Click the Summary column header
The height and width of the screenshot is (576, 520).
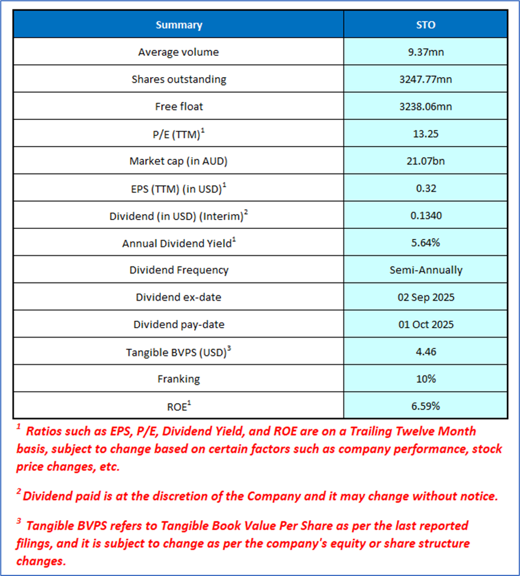[x=179, y=25]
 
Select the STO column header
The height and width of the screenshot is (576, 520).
[x=425, y=25]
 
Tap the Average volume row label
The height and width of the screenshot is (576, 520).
[x=178, y=52]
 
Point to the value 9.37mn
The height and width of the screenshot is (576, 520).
[x=425, y=52]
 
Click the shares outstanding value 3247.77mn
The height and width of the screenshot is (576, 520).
[x=425, y=79]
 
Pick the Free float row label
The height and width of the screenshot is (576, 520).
[x=178, y=106]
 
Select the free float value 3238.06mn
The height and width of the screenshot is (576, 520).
[x=425, y=106]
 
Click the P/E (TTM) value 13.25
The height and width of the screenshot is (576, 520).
[x=425, y=134]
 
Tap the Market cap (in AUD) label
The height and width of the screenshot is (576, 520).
[x=178, y=161]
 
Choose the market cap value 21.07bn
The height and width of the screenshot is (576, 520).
[x=425, y=161]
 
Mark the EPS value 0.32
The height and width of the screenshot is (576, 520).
[x=425, y=188]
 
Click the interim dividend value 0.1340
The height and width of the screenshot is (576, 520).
[x=425, y=215]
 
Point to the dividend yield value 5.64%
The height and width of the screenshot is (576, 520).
[x=425, y=242]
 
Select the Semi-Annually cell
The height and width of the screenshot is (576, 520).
[x=425, y=270]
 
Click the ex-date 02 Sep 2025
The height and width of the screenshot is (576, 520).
[x=425, y=297]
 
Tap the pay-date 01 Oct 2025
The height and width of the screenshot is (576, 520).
[x=425, y=324]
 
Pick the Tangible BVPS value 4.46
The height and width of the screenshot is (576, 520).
[x=425, y=352]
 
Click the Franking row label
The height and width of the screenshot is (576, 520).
[x=178, y=379]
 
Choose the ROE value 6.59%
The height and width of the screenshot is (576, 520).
[x=425, y=406]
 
